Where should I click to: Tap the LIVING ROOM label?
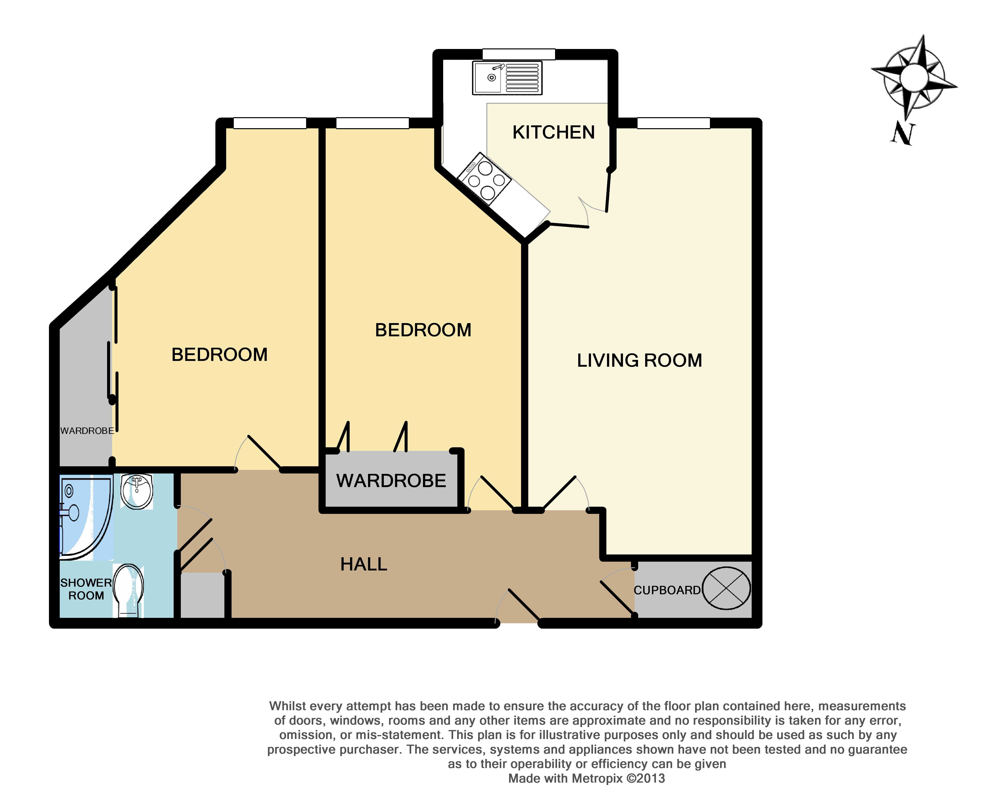click(639, 360)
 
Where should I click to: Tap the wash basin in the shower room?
click(137, 491)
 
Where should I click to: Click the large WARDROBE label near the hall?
click(391, 480)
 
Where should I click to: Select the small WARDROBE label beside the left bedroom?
click(87, 431)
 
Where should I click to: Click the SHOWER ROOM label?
click(86, 589)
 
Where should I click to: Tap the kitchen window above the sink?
click(518, 54)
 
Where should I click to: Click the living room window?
click(673, 123)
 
